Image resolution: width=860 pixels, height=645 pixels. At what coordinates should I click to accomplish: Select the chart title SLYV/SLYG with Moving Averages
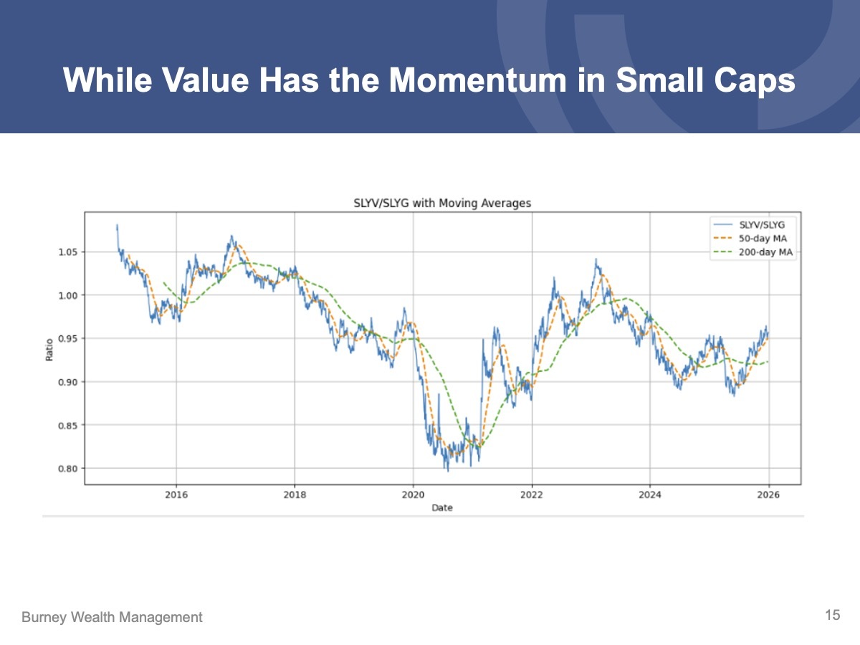(443, 204)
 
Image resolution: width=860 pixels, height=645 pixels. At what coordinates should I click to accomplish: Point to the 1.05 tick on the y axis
(68, 252)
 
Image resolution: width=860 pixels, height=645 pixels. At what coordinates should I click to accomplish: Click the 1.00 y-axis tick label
(68, 295)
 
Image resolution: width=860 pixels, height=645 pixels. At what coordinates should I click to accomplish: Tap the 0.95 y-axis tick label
(68, 338)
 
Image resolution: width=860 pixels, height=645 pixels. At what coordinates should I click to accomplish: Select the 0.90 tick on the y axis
(68, 382)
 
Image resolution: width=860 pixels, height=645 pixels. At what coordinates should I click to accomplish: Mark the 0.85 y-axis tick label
(68, 425)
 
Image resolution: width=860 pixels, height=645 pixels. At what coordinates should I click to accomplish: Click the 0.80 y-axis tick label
(68, 469)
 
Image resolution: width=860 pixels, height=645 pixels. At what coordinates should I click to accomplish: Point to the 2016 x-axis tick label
(176, 494)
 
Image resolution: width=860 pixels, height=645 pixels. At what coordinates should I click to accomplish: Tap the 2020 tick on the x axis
(413, 494)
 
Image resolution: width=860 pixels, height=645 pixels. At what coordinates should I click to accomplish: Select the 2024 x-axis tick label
(650, 494)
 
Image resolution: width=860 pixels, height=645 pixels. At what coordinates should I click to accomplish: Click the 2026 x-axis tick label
(768, 494)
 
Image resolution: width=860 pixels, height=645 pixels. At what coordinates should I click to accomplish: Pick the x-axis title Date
(442, 507)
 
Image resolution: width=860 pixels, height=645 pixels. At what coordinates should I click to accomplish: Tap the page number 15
(832, 615)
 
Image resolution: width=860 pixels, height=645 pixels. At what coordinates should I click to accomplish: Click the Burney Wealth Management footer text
(112, 617)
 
